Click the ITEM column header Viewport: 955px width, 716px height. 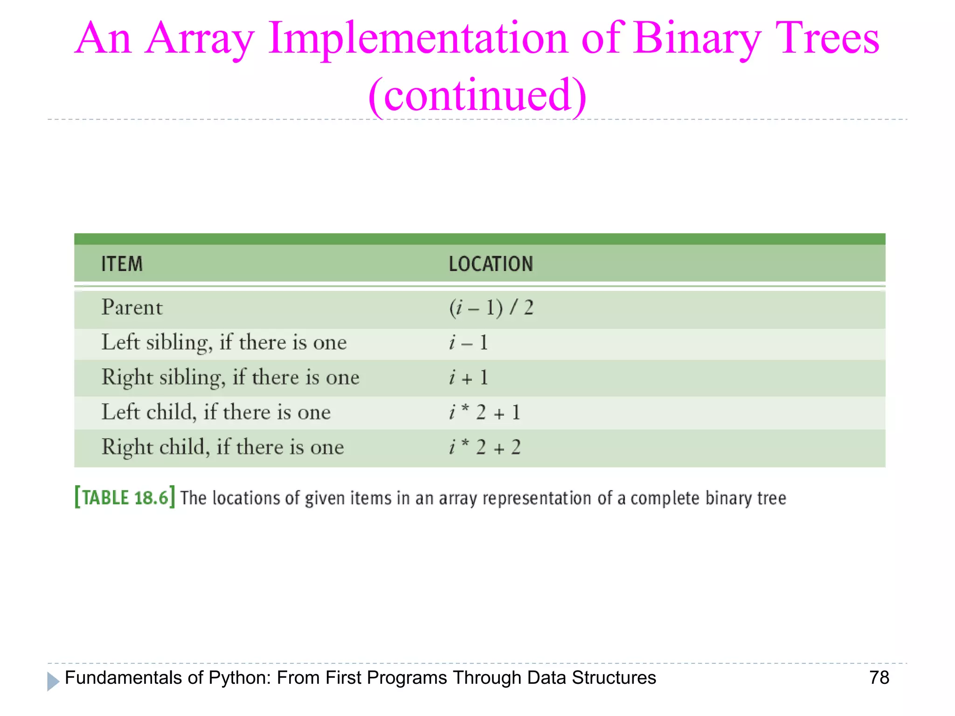click(122, 264)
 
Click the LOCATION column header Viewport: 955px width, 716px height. click(491, 264)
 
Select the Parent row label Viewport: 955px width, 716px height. click(132, 308)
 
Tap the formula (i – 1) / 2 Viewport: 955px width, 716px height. click(491, 308)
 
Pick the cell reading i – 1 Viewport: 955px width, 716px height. click(468, 343)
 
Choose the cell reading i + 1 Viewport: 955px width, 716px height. click(468, 378)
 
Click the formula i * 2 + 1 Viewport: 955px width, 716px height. click(484, 413)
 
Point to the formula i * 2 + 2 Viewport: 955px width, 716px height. click(484, 447)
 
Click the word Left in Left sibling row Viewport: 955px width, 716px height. click(120, 343)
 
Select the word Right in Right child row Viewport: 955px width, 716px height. click(127, 447)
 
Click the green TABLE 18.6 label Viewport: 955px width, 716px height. click(125, 497)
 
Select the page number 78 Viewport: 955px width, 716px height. click(879, 678)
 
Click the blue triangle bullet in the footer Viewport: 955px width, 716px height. click(53, 682)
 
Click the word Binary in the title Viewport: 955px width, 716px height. click(696, 38)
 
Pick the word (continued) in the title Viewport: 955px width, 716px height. click(477, 95)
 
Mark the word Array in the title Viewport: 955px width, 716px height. click(199, 38)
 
